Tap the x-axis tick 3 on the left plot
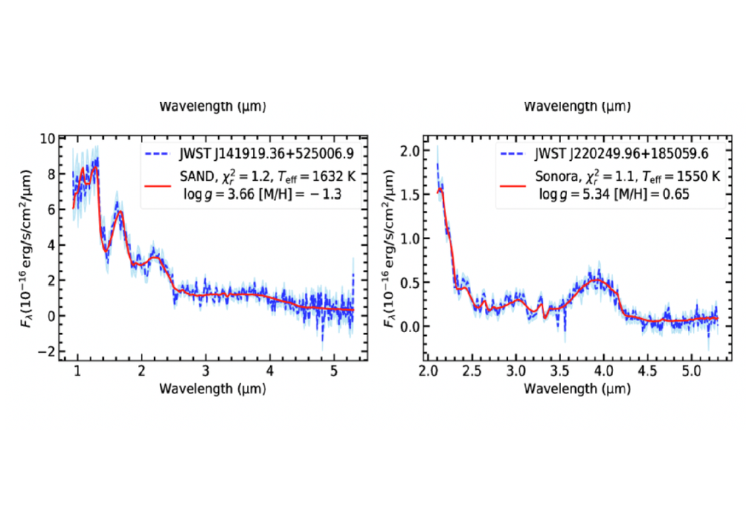(x=206, y=373)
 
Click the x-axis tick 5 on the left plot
(x=334, y=373)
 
